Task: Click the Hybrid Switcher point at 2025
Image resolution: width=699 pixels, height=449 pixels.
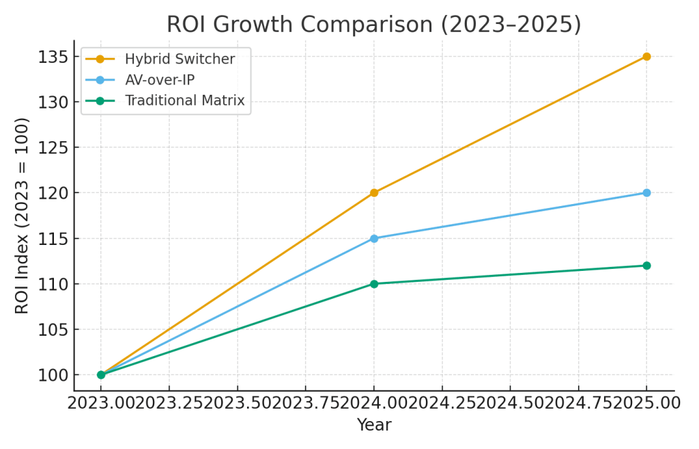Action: click(646, 57)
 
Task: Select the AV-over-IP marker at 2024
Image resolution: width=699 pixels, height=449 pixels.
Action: click(374, 238)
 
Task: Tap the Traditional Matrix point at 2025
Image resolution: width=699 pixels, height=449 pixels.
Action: click(646, 265)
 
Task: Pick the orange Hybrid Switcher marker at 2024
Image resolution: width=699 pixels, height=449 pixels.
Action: click(374, 192)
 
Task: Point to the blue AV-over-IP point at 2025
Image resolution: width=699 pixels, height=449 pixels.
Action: click(646, 192)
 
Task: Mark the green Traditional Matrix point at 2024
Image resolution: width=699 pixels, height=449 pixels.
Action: click(374, 284)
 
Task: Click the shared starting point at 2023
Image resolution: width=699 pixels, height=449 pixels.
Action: click(101, 375)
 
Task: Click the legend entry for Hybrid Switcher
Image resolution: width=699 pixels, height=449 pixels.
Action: click(180, 59)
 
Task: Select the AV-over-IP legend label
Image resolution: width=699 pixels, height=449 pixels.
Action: click(159, 81)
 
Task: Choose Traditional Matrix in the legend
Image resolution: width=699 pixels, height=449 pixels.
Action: click(184, 102)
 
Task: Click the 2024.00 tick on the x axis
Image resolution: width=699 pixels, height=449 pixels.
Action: click(374, 403)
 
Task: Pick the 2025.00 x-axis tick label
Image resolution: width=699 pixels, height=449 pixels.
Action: click(646, 403)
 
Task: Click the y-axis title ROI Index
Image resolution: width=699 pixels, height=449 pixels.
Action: click(23, 216)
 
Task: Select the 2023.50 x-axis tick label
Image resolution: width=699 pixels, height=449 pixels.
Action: click(238, 403)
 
